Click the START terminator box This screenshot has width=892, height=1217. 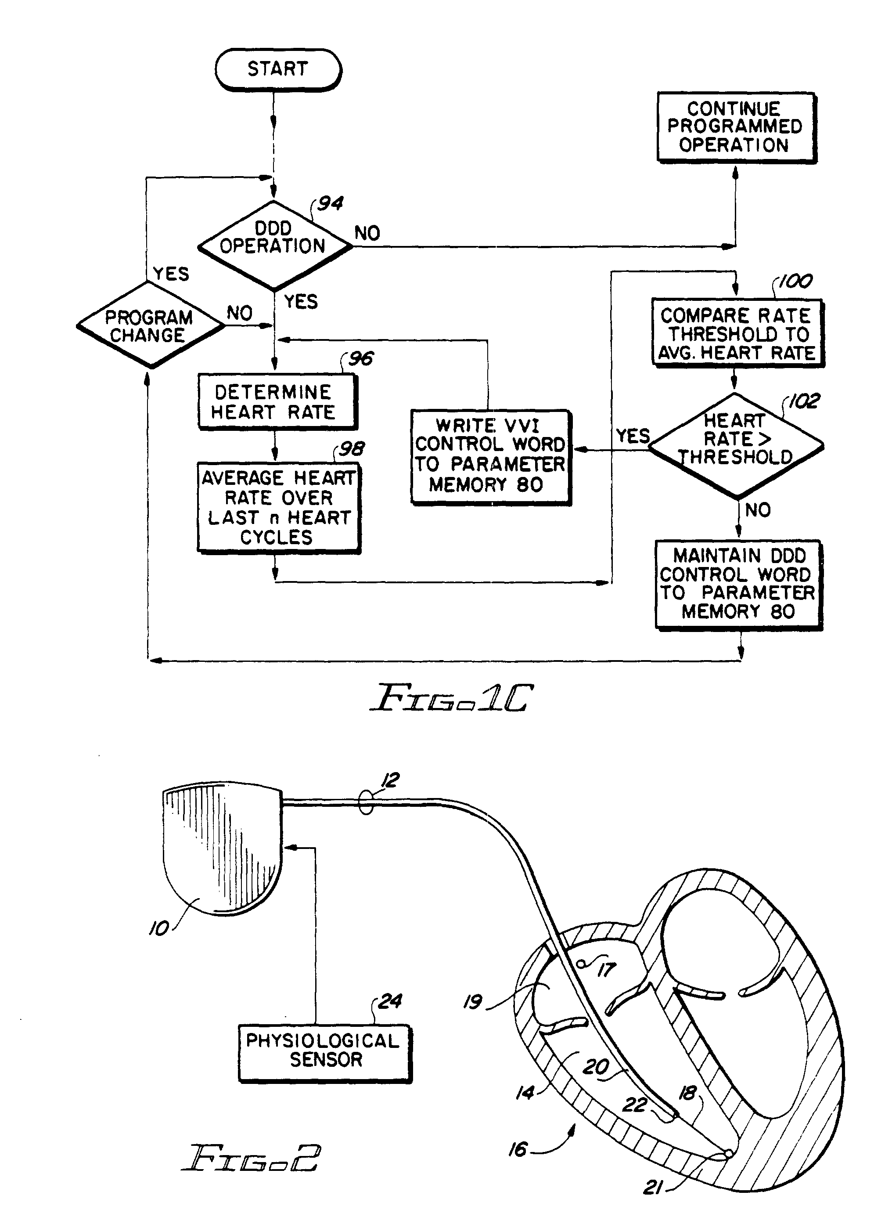tap(277, 69)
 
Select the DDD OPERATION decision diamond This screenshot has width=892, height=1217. tap(274, 245)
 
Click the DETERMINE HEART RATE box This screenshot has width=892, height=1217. tap(277, 402)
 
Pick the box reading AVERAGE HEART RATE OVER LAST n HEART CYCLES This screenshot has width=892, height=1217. tap(278, 507)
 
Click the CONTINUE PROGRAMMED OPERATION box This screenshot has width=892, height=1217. tap(735, 127)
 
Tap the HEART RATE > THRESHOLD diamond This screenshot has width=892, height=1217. tap(735, 444)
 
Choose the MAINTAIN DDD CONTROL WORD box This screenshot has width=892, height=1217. tap(737, 585)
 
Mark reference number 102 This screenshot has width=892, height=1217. tap(804, 401)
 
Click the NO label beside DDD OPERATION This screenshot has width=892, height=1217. tap(367, 233)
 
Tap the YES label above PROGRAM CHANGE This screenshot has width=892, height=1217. tap(171, 274)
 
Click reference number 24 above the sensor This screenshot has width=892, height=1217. tap(390, 1000)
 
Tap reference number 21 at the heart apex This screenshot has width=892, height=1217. tap(653, 1187)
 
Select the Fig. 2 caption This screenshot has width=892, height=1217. tap(251, 1158)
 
